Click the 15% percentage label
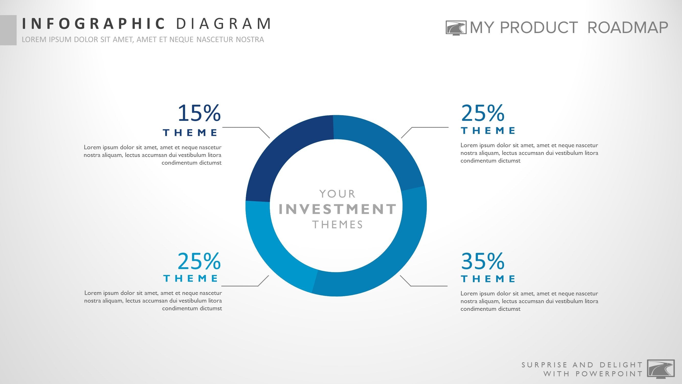199,113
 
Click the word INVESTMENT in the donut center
338,209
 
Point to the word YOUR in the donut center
337,194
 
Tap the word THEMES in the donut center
338,225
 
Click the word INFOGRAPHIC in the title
93,23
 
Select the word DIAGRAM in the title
224,23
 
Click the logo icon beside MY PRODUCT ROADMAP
456,28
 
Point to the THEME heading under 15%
190,133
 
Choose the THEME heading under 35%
488,279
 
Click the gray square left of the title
8,30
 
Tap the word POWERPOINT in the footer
609,374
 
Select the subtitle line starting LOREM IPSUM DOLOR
143,39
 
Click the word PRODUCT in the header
539,28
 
